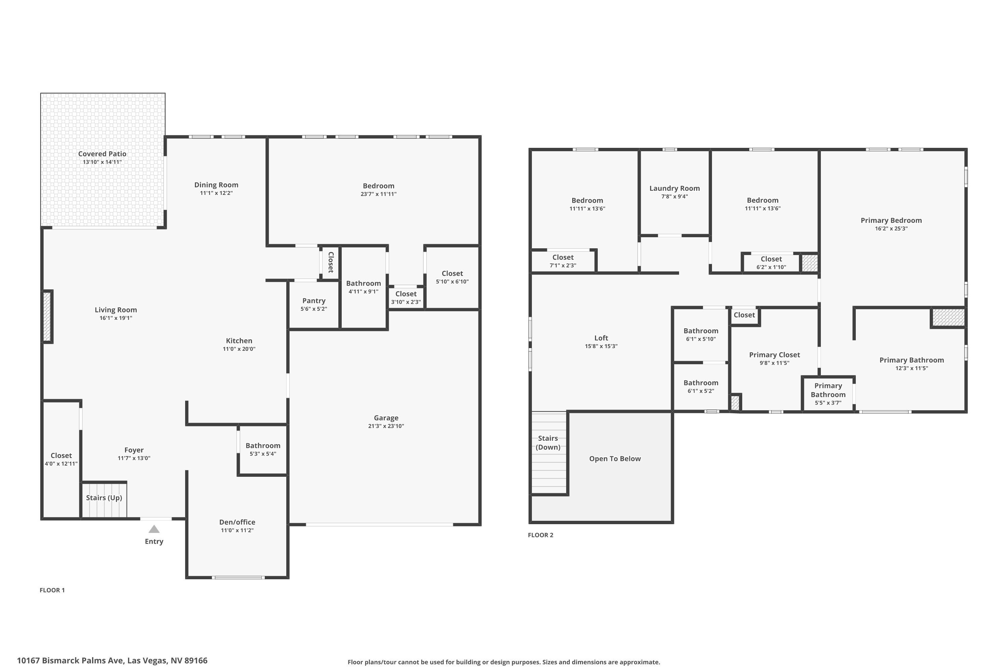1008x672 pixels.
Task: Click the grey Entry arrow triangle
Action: click(x=154, y=529)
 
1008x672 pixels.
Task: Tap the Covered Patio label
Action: click(x=102, y=154)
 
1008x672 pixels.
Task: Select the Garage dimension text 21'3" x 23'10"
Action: click(x=386, y=426)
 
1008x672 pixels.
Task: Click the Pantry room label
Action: click(x=314, y=301)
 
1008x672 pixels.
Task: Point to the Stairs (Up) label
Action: click(x=104, y=498)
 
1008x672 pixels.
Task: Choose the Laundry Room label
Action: click(x=674, y=188)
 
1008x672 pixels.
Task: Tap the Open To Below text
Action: click(x=615, y=459)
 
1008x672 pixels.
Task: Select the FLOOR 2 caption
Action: click(x=540, y=535)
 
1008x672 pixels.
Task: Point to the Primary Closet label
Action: click(x=774, y=355)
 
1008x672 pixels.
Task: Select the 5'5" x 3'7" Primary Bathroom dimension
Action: click(x=828, y=403)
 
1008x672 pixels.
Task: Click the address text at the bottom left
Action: click(x=112, y=661)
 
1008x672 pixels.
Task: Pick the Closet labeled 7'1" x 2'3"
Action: click(x=563, y=257)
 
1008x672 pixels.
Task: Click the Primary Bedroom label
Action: click(x=891, y=220)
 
